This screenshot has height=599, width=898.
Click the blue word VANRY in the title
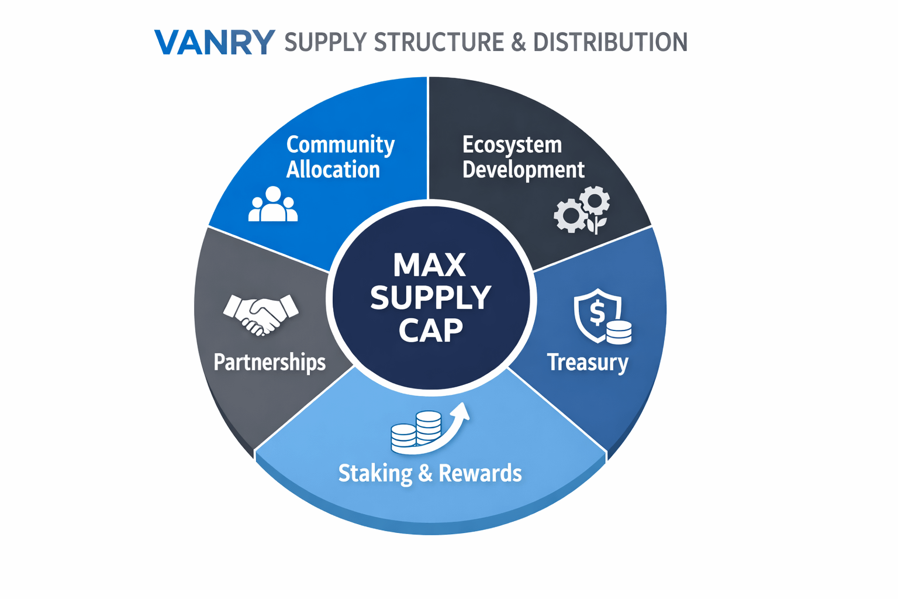[214, 42]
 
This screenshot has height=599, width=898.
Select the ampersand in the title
[518, 42]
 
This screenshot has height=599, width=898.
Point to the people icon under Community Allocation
[273, 204]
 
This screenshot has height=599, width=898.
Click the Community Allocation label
[340, 157]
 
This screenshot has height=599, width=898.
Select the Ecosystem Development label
[523, 157]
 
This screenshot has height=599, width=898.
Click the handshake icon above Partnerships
[261, 314]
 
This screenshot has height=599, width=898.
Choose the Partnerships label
[270, 362]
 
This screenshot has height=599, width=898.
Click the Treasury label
[588, 362]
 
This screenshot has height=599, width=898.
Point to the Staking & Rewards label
[430, 473]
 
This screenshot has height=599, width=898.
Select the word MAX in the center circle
[430, 265]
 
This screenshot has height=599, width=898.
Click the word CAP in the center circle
[431, 331]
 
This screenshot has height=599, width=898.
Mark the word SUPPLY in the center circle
[431, 298]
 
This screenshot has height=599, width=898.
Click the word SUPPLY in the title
[324, 42]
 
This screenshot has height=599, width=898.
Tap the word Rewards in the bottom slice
[480, 473]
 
